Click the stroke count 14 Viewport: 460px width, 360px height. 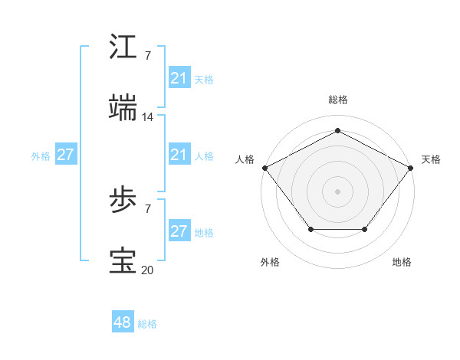pos(148,117)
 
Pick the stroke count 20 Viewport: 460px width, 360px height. pos(148,270)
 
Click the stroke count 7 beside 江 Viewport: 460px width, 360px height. pos(148,56)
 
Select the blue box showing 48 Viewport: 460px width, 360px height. pos(123,322)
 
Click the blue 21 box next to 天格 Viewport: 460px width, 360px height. pos(179,78)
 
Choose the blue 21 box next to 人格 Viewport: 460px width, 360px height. pos(179,155)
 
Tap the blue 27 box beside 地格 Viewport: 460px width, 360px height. pos(179,231)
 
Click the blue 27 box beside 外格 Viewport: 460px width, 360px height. pos(65,155)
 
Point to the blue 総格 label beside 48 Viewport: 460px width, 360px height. pos(147,324)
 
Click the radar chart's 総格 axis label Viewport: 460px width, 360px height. pos(337,100)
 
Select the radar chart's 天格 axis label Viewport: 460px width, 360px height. pos(431,159)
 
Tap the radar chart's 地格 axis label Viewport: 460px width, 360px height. pos(402,262)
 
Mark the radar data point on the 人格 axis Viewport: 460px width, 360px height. pos(264,167)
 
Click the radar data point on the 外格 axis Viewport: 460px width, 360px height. pos(310,229)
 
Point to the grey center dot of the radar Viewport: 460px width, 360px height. pos(337,191)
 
